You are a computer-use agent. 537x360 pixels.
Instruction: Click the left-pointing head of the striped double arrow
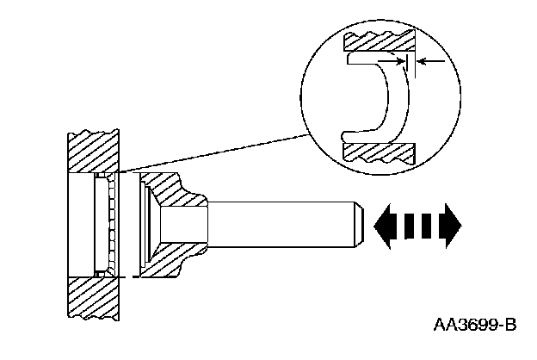click(x=384, y=226)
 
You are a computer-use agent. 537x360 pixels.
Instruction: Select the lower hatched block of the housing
click(x=95, y=298)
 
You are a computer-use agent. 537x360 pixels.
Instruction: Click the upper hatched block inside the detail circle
click(x=379, y=40)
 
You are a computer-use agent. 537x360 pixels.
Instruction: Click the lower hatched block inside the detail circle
click(x=379, y=152)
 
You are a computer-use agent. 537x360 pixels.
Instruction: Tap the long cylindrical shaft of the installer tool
click(x=284, y=225)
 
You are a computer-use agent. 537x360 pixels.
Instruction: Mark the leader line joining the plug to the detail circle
click(x=215, y=154)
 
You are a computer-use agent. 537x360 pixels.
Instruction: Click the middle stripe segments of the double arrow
click(x=417, y=226)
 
